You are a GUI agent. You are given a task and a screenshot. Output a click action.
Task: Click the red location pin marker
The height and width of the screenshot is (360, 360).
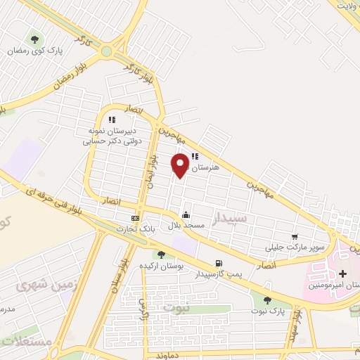coord(181,165)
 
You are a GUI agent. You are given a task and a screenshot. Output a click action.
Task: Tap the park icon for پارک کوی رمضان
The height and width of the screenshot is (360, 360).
coord(34,39)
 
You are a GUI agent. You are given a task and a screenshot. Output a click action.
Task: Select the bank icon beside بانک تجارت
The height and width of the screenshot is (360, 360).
coord(136,218)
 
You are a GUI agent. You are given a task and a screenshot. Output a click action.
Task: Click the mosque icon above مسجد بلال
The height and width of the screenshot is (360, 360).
coord(185,214)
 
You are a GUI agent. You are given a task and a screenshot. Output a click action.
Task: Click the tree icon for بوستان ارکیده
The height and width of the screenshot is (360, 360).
coord(161,254)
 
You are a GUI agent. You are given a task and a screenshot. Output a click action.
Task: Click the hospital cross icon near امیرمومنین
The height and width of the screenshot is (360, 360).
coord(342,273)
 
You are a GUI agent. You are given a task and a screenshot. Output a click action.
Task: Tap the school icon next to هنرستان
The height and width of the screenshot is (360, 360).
coord(195,157)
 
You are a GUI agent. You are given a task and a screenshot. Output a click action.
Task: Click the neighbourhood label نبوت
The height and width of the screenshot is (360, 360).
coord(177,307)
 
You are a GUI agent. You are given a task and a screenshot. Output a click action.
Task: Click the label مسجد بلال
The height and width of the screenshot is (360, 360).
coord(185,226)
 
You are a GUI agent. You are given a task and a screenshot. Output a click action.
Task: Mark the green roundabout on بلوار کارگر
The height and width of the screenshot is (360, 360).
coord(106,51)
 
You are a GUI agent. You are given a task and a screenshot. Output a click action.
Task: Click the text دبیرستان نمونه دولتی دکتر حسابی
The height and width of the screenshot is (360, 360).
coord(112,136)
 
